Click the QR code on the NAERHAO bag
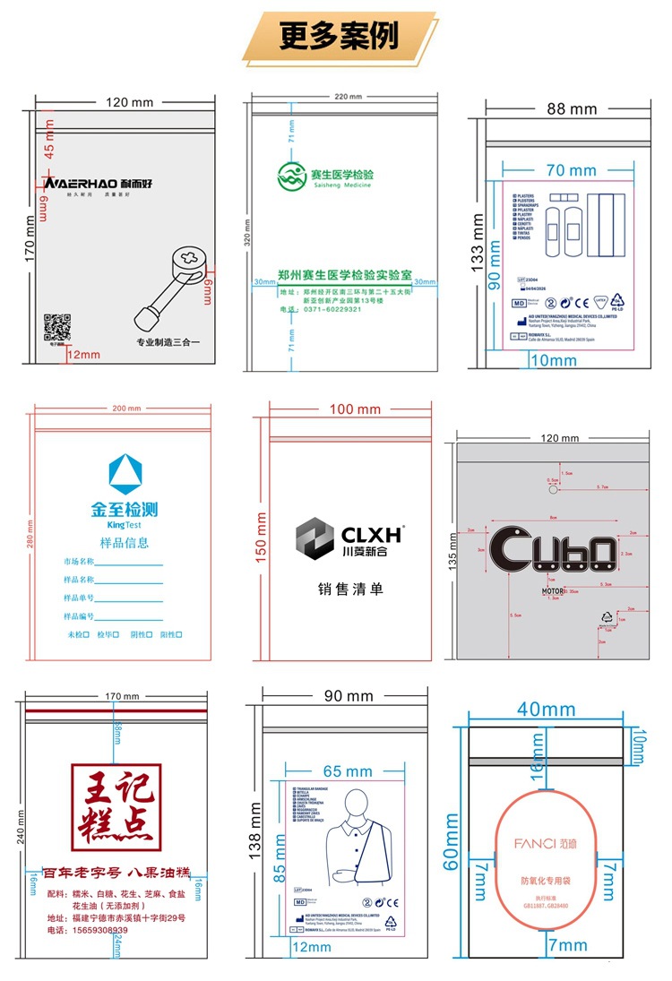tap(57, 327)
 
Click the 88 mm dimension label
tap(571, 109)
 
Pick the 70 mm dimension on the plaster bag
tap(571, 170)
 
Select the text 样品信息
tap(124, 542)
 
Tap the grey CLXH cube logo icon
tap(314, 538)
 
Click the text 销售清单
tap(350, 589)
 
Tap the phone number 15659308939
tap(88, 930)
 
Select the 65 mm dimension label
tap(347, 771)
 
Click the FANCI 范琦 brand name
tap(546, 843)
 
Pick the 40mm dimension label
tap(546, 710)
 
